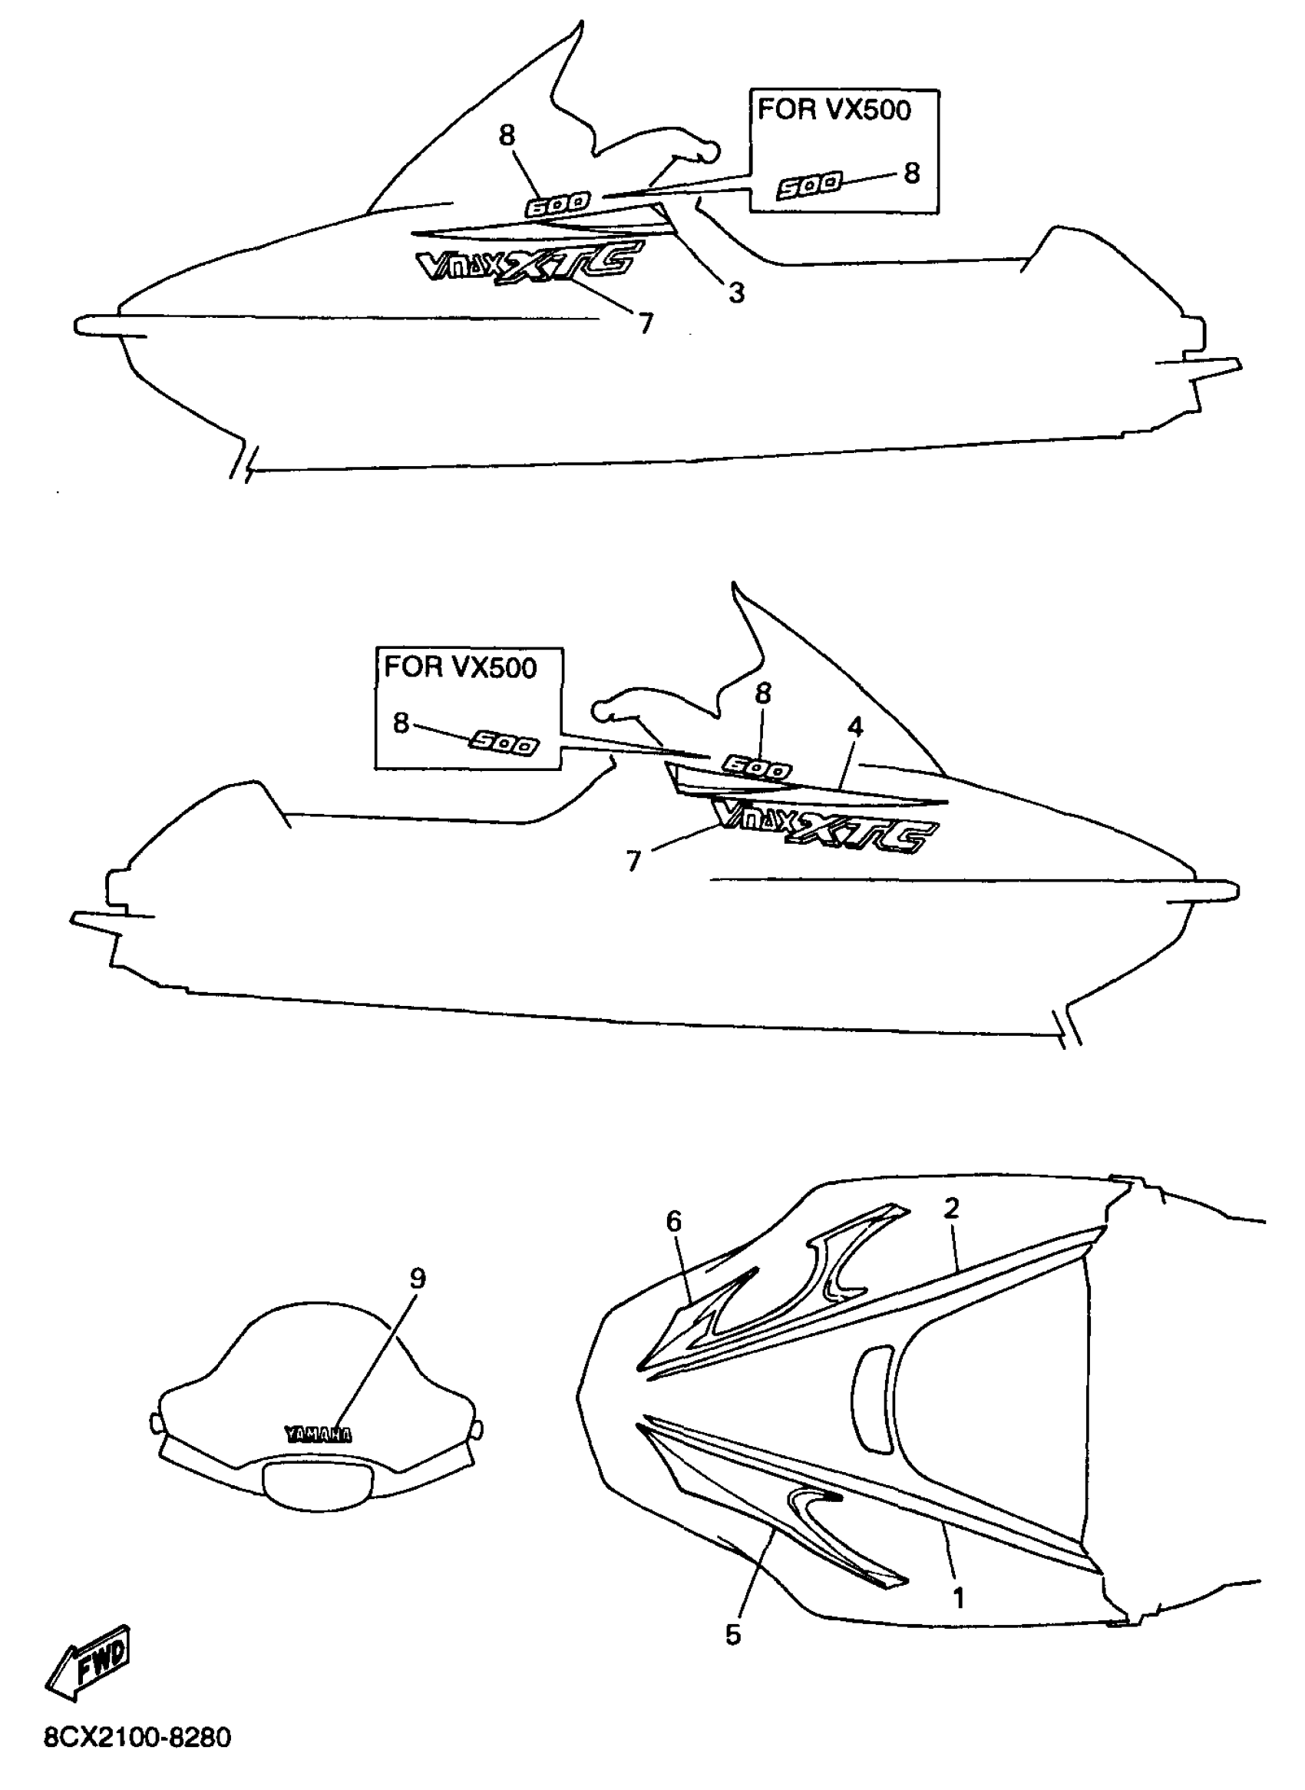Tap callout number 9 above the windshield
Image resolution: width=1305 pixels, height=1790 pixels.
(418, 1279)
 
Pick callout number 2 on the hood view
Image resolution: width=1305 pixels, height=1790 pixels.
(951, 1209)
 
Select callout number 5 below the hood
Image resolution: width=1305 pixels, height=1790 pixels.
(733, 1635)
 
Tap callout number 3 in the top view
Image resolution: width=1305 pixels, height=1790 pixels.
(736, 293)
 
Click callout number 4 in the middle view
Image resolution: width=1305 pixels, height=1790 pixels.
(855, 727)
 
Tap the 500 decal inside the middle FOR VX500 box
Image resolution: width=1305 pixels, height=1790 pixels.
(504, 743)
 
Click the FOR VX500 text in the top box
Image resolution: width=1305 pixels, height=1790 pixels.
(834, 110)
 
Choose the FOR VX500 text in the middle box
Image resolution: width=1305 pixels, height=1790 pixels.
(461, 668)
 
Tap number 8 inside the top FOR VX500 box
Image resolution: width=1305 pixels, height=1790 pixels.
(912, 173)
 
